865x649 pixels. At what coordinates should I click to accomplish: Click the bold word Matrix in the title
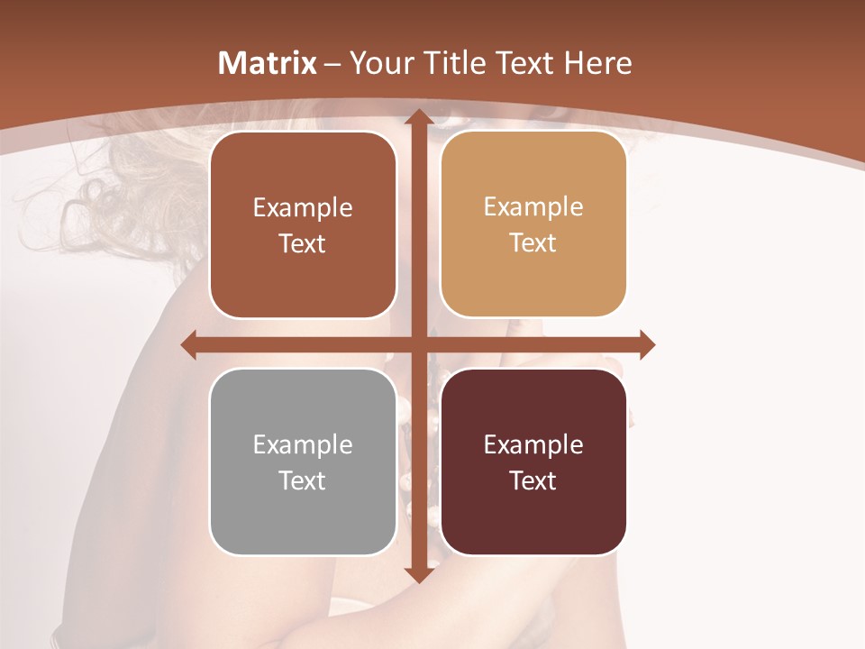tap(268, 63)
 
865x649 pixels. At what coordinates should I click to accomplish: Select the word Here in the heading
tap(597, 63)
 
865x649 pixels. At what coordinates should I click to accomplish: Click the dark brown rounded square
tap(303, 224)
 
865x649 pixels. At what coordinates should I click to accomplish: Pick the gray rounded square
tap(303, 462)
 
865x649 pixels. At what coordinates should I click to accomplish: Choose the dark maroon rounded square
tap(533, 462)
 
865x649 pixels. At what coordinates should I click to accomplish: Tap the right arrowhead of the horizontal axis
tap(647, 344)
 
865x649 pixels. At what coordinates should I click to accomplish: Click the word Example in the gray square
tap(303, 444)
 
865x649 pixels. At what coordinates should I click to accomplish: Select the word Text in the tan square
tap(533, 242)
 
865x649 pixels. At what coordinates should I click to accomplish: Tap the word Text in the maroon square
tap(533, 480)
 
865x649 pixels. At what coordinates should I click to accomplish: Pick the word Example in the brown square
tap(303, 207)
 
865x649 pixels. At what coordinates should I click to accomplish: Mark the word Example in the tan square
tap(533, 206)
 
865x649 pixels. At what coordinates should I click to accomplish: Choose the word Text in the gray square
tap(303, 480)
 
